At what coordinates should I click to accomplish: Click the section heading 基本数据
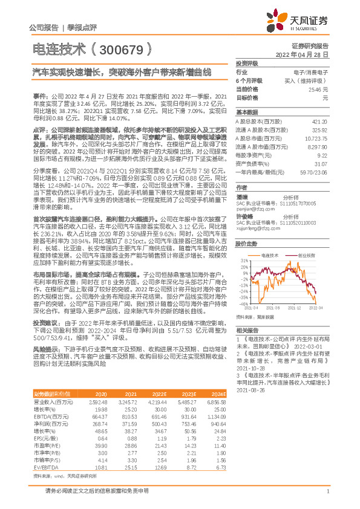pos(246,112)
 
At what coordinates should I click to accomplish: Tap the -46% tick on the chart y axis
pos(243,304)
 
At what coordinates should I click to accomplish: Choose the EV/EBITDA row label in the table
pos(43,467)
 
